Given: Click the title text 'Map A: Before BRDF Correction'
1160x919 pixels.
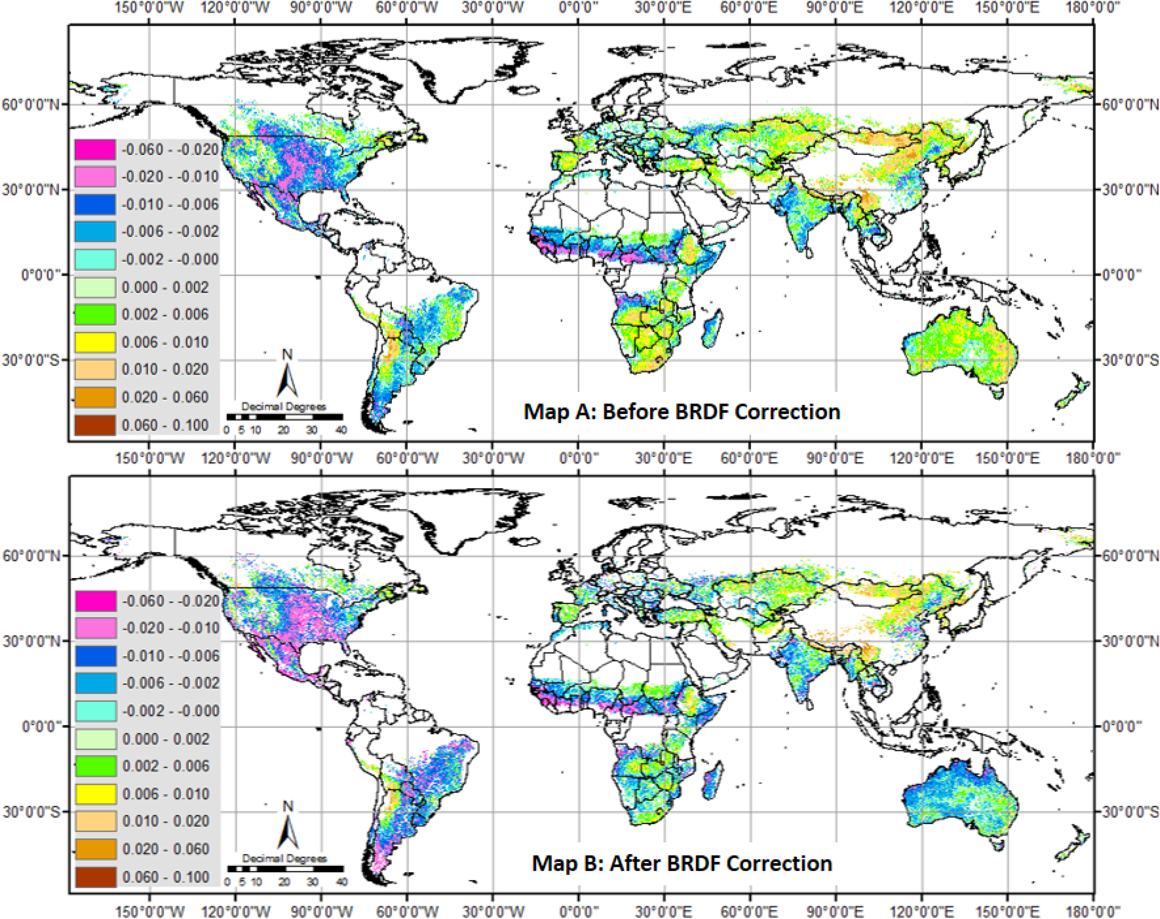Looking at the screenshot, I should (682, 412).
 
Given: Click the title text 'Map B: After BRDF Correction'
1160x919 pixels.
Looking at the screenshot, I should (682, 863).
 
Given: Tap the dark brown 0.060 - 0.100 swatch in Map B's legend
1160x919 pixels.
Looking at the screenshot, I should (95, 877).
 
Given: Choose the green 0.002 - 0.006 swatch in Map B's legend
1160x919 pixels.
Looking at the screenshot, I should (95, 766).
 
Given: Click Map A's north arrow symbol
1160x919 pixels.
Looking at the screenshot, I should (287, 376).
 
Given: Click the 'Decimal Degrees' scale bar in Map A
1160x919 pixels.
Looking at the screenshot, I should (284, 417).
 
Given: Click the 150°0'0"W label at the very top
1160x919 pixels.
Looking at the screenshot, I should (149, 8).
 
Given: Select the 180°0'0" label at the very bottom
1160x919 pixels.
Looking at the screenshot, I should (1093, 911).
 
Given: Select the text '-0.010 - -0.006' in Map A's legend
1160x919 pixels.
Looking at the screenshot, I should (170, 204).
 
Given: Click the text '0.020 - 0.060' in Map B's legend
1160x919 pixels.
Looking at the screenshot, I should (165, 849).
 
